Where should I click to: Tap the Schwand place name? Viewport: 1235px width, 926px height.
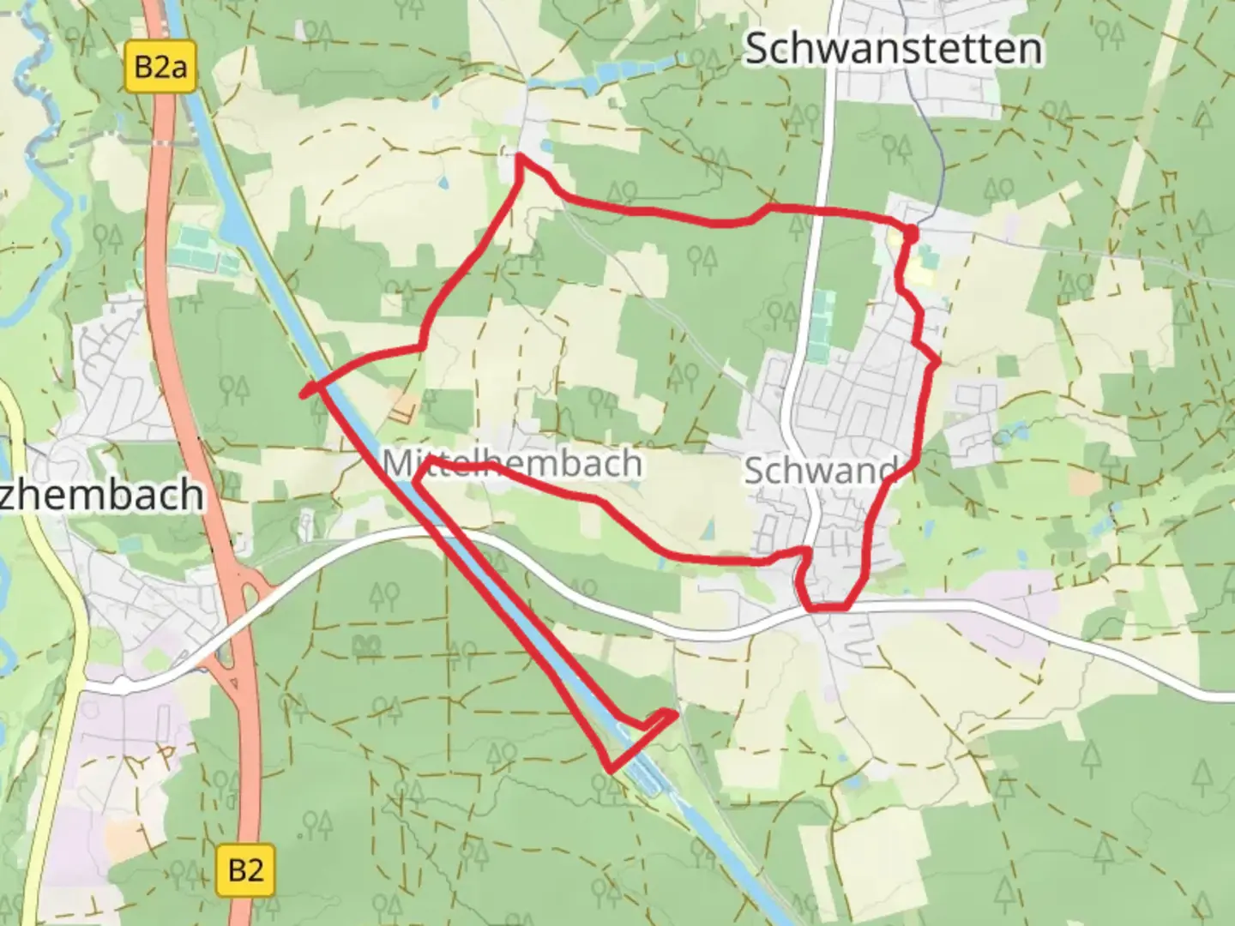(819, 470)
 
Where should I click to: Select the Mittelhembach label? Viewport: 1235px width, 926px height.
(512, 463)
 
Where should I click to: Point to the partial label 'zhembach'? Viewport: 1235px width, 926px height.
(103, 496)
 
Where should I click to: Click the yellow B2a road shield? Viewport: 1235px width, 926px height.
(160, 66)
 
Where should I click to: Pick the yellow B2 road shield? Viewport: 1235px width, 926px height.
(245, 870)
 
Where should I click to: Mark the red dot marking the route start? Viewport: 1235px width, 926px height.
(910, 232)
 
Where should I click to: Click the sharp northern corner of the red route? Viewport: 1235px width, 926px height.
(518, 157)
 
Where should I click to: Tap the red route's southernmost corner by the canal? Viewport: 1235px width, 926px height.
(610, 769)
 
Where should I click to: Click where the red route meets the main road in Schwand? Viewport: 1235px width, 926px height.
(828, 608)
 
